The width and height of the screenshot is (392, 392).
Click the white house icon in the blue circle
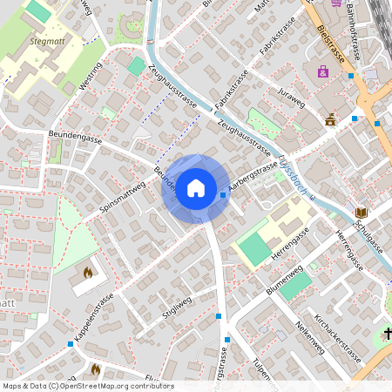click(196, 187)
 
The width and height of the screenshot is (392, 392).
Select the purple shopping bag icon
click(323, 71)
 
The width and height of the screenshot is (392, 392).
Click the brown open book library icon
click(362, 213)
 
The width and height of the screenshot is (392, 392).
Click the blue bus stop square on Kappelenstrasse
click(71, 344)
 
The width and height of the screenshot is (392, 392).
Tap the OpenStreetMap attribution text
click(87, 386)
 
